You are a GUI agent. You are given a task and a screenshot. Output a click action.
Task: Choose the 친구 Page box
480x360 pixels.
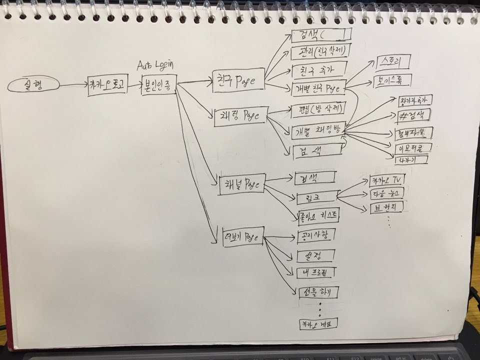pos(237,79)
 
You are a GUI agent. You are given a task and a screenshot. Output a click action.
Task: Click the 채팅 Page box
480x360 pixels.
pos(239,116)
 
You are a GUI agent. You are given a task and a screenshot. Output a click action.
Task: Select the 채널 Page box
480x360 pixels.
pos(242,183)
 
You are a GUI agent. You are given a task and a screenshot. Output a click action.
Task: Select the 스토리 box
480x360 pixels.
pos(391,62)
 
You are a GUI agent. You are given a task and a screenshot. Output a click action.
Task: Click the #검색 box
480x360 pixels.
pos(412,116)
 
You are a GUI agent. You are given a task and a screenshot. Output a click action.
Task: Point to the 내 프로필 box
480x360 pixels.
pos(315,272)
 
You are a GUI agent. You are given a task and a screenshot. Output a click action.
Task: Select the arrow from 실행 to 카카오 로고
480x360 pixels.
pos(73,85)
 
